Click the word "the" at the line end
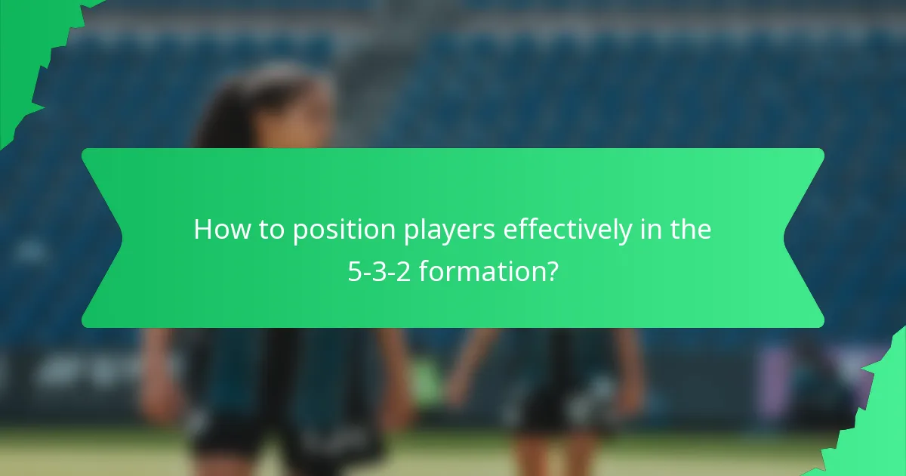(690, 230)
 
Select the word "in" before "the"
(647, 230)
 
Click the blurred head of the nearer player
(287, 113)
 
